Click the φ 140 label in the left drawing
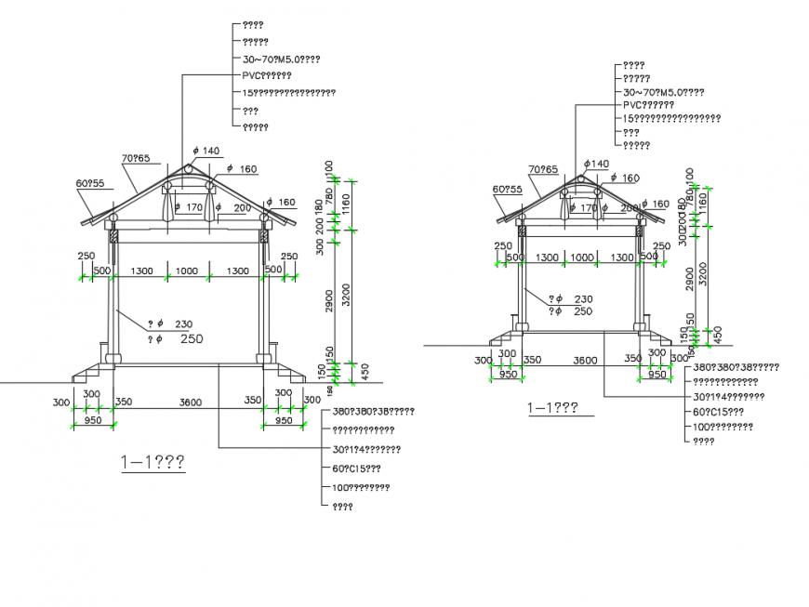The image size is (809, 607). (206, 151)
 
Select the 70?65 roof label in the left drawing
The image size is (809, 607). (135, 158)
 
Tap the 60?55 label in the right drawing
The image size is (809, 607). (508, 189)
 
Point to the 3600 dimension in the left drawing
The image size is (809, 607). (191, 402)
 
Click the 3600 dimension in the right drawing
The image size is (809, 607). (585, 359)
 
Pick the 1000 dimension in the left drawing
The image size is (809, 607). (187, 271)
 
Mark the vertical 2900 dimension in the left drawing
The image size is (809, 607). (330, 300)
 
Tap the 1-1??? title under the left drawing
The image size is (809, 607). (153, 462)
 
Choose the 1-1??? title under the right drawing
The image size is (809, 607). (553, 407)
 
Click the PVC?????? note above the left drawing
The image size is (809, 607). (267, 76)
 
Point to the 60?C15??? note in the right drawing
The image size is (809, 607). (718, 412)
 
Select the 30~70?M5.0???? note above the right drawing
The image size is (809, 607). (663, 92)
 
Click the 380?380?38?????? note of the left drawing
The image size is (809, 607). (372, 411)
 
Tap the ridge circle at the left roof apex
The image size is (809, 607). (189, 169)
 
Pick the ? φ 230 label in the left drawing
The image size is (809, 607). (170, 324)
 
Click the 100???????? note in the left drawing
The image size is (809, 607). (360, 487)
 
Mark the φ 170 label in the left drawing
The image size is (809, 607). (190, 207)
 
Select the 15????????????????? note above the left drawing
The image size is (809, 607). (288, 93)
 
